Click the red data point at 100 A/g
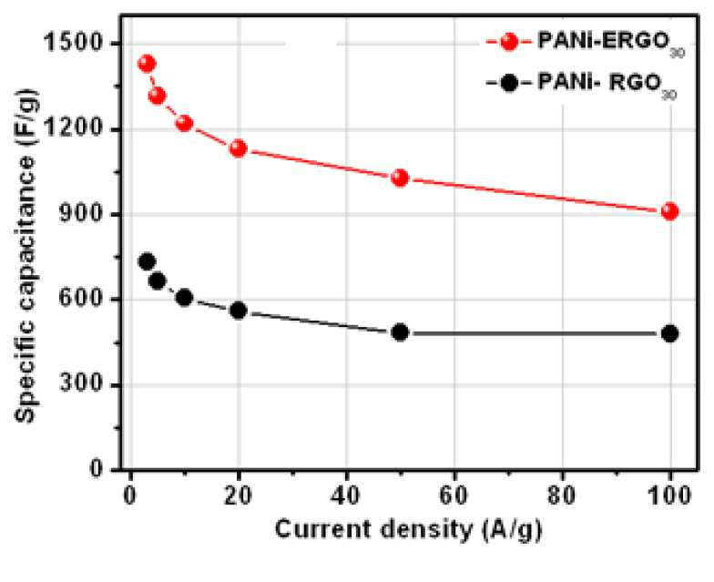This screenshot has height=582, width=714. click(x=670, y=211)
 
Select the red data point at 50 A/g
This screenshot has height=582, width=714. click(x=400, y=179)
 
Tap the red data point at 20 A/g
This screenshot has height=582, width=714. click(x=239, y=148)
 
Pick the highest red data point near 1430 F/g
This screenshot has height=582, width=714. click(x=147, y=64)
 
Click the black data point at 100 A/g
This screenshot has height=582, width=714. click(x=670, y=333)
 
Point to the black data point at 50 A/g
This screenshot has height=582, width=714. click(x=400, y=333)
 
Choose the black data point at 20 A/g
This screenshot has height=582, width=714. click(x=239, y=311)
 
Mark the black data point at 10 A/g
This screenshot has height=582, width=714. click(x=184, y=298)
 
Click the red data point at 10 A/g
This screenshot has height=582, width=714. click(x=184, y=123)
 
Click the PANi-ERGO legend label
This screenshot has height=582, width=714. click(x=611, y=44)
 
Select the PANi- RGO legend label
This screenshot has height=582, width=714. click(x=607, y=85)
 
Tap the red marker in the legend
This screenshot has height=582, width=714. click(x=508, y=42)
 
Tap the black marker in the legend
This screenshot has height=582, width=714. click(x=508, y=84)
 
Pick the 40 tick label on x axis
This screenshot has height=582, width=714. click(x=346, y=495)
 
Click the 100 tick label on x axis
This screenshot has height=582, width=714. click(x=668, y=495)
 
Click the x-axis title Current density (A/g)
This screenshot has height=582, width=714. click(x=408, y=531)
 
